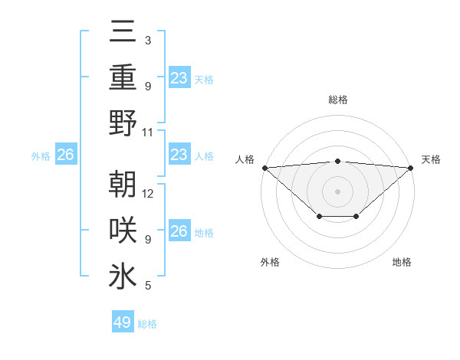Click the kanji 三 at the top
tap(123, 31)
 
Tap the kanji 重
tap(123, 77)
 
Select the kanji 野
tap(123, 123)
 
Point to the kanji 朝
tap(123, 185)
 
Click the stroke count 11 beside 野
tap(148, 132)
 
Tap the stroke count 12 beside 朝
tap(148, 193)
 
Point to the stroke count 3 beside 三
tap(147, 40)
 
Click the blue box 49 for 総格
tap(123, 322)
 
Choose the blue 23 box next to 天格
tap(179, 77)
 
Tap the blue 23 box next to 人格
tap(179, 155)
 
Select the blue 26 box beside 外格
tap(65, 155)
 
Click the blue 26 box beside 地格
tap(179, 231)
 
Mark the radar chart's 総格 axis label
tap(337, 100)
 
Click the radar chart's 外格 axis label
tap(270, 262)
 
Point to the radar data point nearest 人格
tap(264, 167)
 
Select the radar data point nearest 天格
tap(411, 167)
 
